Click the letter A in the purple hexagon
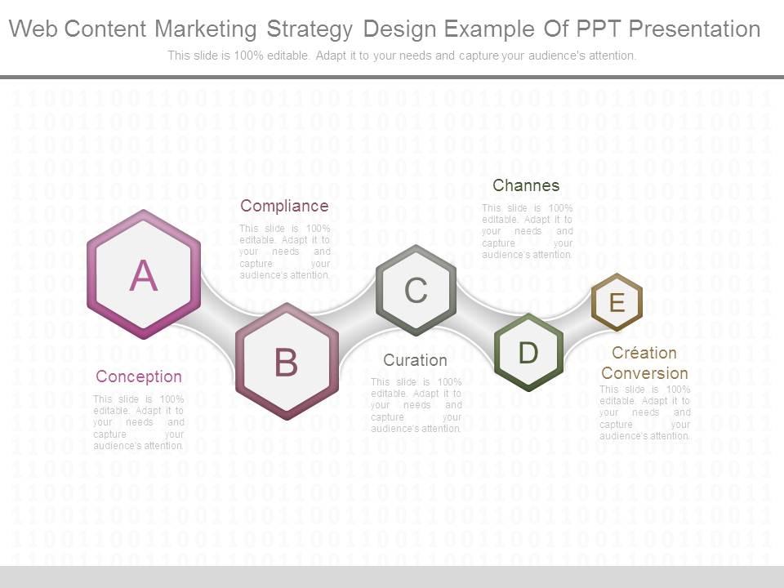click(144, 275)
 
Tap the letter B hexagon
click(286, 362)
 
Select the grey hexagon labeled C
click(416, 290)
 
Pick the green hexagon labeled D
click(528, 353)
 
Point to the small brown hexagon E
click(617, 302)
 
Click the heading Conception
click(139, 376)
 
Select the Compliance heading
click(284, 206)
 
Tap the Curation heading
click(415, 360)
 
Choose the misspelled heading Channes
click(526, 185)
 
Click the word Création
click(644, 353)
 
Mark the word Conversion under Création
click(644, 373)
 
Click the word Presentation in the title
click(693, 29)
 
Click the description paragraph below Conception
click(139, 422)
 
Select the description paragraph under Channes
click(527, 231)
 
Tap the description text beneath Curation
click(416, 405)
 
